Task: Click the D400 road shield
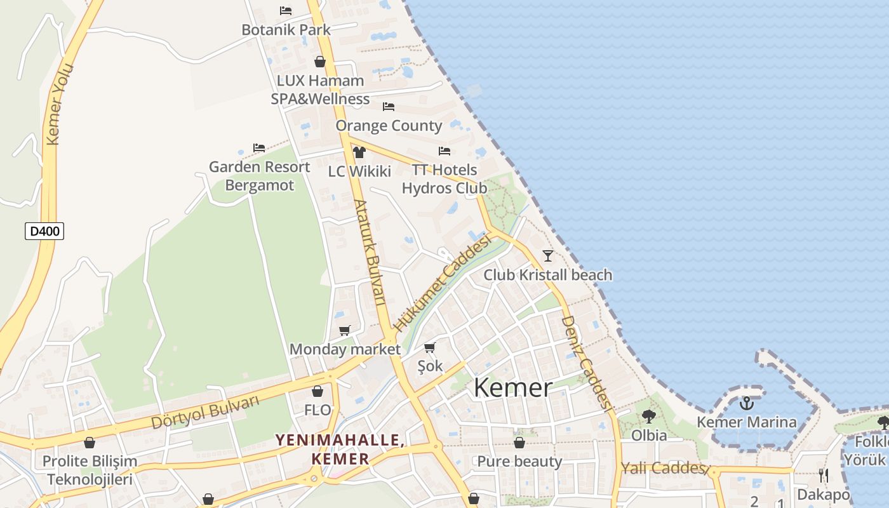click(x=44, y=231)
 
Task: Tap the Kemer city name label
click(x=513, y=387)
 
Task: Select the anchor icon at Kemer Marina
click(x=747, y=403)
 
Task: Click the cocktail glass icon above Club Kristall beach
click(x=548, y=256)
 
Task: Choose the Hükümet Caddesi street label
click(x=443, y=282)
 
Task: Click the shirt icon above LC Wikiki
click(x=359, y=152)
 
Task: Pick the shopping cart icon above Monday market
click(x=345, y=330)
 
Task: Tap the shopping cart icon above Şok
click(x=430, y=347)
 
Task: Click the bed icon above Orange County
click(x=389, y=107)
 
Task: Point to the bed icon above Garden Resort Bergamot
click(x=259, y=148)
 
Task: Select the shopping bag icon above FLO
click(x=317, y=391)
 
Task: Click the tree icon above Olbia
click(x=649, y=417)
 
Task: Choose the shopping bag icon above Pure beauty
click(x=519, y=443)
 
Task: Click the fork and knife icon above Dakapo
click(x=824, y=476)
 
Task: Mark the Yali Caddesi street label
click(x=664, y=469)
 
